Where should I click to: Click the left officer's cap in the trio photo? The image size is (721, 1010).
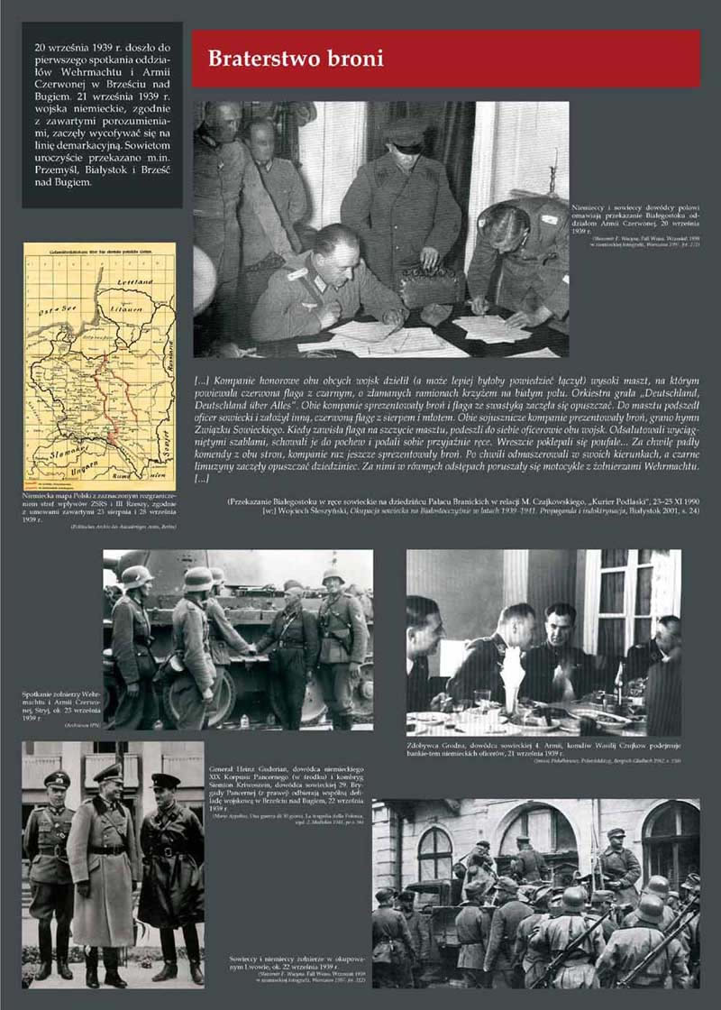coord(57,779)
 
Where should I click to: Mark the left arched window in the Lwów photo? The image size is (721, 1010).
coord(434,854)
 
